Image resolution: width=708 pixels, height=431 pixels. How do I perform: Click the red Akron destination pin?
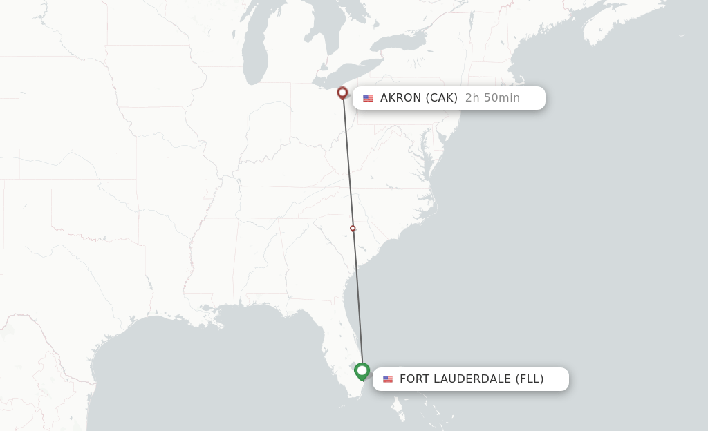342,93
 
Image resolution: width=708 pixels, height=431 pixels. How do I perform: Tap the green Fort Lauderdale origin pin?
362,371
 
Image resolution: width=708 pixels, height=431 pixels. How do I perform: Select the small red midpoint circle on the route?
353,228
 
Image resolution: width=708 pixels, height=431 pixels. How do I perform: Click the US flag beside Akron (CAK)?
368,98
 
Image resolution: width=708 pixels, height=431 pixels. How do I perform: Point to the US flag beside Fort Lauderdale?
388,379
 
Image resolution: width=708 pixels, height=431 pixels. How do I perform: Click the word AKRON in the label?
400,98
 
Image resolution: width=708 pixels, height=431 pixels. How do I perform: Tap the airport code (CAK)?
442,98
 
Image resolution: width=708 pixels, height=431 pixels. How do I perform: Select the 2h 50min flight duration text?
492,98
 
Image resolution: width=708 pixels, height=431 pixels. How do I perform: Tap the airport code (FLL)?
530,379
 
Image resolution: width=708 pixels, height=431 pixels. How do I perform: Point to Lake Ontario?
402,42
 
